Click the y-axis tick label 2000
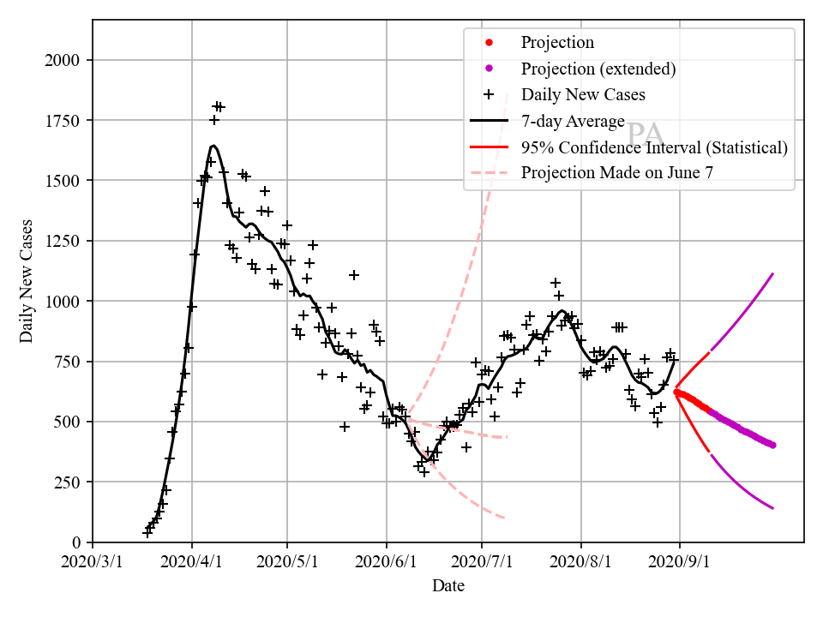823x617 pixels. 65,60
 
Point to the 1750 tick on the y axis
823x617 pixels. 65,121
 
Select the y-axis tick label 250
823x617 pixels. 69,482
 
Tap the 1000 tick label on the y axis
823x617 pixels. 65,302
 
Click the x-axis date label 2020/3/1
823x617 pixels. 93,563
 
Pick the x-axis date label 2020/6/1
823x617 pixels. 387,563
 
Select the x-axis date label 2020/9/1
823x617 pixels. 680,563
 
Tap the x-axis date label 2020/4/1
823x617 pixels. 191,563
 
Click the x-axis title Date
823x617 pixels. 448,586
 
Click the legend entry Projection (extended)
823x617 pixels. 598,69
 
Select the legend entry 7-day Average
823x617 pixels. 573,121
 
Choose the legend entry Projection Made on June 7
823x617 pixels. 616,172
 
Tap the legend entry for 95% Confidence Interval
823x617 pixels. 654,147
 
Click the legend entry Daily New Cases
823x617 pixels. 583,94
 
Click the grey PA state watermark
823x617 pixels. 645,134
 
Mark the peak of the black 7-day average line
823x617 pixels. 213,146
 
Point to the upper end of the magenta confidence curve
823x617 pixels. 773,274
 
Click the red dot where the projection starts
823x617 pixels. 676,392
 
